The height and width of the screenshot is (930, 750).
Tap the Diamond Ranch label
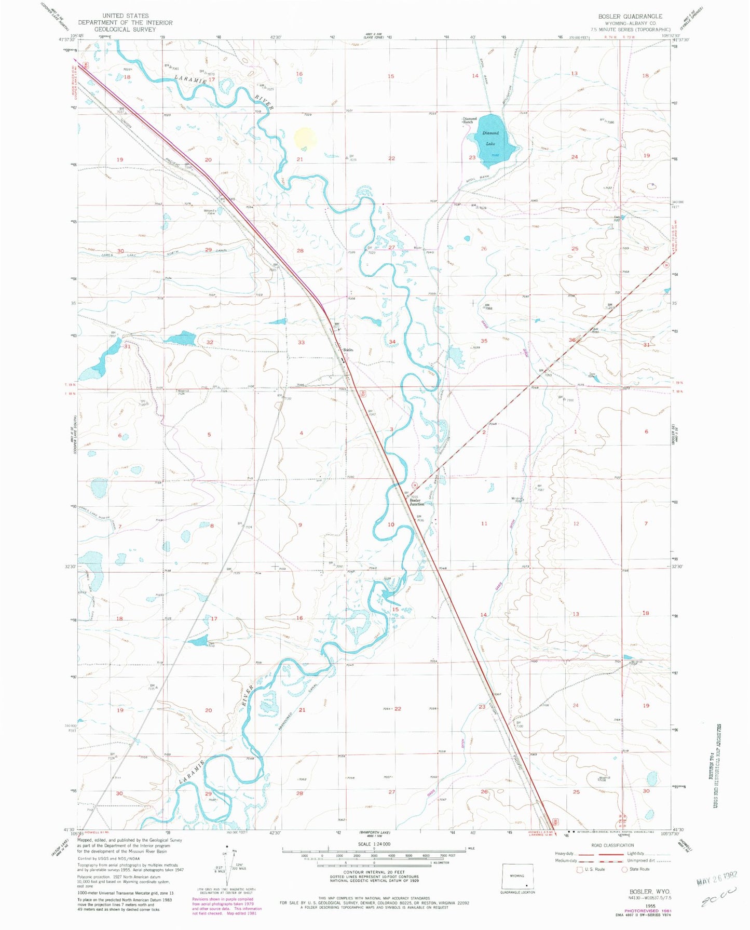[x=470, y=120]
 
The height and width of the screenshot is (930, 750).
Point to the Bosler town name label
[x=348, y=350]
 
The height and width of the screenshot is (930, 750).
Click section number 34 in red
[x=392, y=342]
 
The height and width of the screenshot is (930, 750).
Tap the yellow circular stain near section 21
[x=305, y=138]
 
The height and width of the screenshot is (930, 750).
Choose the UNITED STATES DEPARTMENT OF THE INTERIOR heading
[x=126, y=19]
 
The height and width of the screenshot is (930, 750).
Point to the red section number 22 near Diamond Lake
[x=392, y=158]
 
